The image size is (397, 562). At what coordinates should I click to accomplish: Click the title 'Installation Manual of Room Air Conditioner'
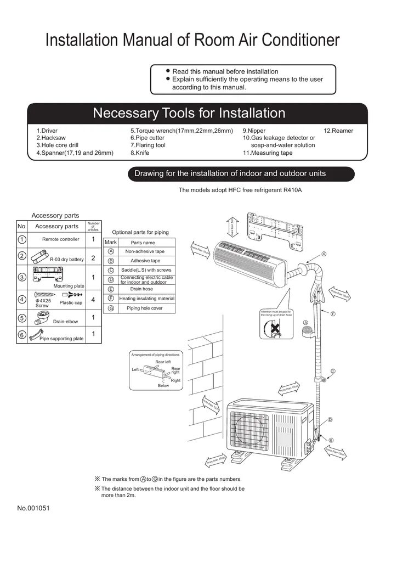point(192,40)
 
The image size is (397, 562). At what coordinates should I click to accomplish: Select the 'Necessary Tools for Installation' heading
point(189,113)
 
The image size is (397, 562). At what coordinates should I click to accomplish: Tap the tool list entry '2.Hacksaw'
point(51,138)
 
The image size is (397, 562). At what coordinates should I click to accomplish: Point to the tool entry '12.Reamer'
point(338,131)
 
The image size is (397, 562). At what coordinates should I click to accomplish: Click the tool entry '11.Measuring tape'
point(268,153)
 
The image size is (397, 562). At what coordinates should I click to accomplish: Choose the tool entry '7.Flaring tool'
point(148,145)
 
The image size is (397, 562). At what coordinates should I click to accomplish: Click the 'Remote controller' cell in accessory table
point(61,239)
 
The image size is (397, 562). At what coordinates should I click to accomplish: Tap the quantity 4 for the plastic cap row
point(93,300)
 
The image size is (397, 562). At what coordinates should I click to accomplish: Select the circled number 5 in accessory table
point(21,318)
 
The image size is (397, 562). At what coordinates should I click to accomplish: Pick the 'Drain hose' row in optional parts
point(141,289)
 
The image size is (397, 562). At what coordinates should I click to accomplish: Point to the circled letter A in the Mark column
point(111,251)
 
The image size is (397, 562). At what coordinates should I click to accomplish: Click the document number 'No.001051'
point(33,508)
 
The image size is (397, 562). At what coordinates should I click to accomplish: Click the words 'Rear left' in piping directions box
point(163,362)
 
